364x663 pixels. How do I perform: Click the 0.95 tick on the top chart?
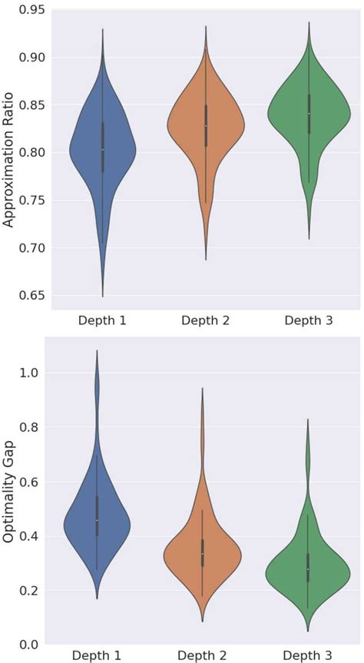(x=32, y=10)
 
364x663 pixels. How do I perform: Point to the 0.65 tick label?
(x=32, y=295)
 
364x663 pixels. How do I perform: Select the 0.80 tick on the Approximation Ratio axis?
(x=32, y=152)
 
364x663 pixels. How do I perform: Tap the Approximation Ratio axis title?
(x=9, y=157)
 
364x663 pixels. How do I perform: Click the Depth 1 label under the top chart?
(x=102, y=320)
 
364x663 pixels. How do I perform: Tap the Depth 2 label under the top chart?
(x=205, y=320)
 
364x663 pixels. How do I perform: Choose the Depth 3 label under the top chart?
(x=308, y=320)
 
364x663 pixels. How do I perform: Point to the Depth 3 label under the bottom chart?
(x=308, y=655)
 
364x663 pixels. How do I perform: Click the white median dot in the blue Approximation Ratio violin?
(x=102, y=150)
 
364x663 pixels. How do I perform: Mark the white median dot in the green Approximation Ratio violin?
(x=308, y=114)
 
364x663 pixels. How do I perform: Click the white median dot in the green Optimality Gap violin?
(x=308, y=569)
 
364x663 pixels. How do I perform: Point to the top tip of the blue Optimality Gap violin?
(x=97, y=350)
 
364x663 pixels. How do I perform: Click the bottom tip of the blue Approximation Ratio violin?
(x=102, y=297)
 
